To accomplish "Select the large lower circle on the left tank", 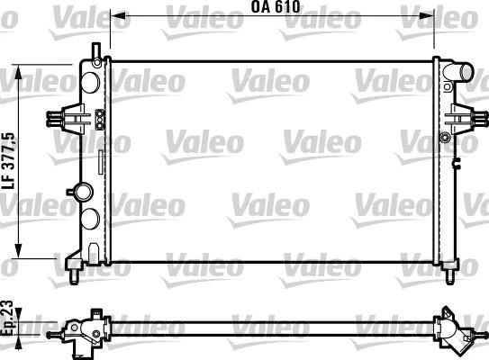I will point(91,218).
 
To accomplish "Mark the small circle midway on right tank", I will point(444,137).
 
